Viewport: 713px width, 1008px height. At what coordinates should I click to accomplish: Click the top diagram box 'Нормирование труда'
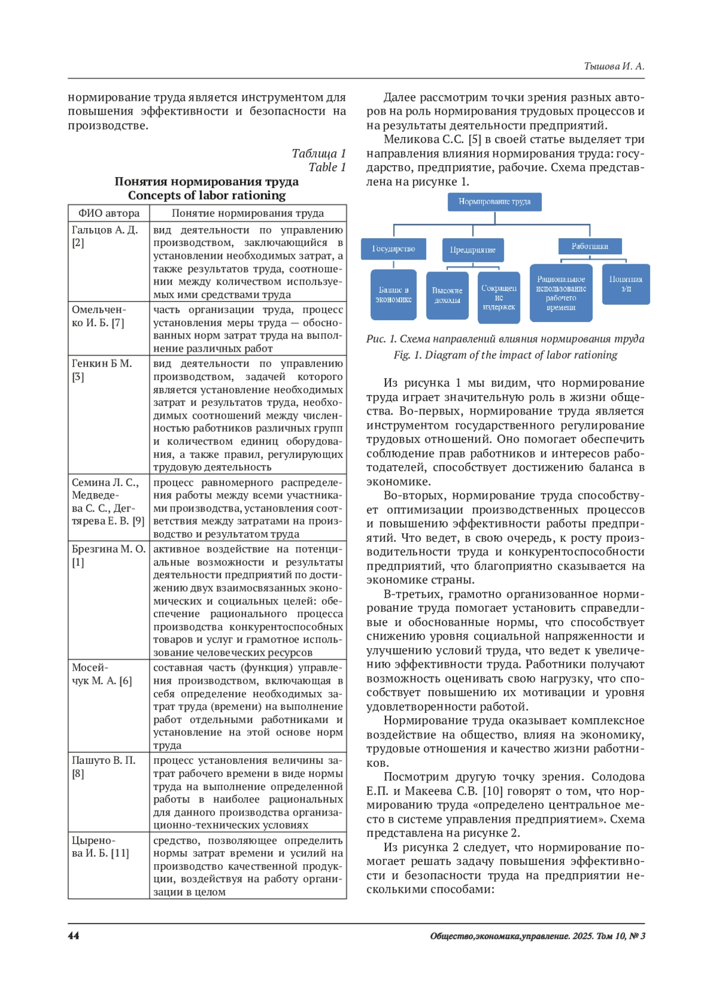point(494,202)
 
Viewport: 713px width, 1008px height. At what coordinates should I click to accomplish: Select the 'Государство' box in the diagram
point(393,249)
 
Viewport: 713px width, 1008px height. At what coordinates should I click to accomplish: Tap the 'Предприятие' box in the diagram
point(473,249)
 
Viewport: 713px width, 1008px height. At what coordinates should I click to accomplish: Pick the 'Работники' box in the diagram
point(590,247)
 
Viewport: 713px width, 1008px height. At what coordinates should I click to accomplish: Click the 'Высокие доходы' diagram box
point(447,295)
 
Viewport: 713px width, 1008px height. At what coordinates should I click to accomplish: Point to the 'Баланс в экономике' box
point(393,295)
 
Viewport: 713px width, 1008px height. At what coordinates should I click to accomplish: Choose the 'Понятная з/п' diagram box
point(626,284)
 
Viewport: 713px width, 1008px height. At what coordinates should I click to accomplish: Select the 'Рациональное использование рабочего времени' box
point(561,293)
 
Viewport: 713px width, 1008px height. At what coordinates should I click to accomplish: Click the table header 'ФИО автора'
point(109,213)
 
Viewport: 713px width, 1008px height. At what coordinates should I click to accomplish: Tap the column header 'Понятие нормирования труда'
point(248,213)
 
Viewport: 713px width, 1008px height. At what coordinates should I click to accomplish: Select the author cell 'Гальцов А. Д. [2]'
point(105,236)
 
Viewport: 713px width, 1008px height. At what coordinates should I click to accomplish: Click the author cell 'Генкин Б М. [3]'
point(102,370)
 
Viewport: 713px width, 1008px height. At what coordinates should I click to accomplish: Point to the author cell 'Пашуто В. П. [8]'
point(103,767)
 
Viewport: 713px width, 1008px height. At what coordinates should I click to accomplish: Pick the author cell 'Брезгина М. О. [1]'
point(108,555)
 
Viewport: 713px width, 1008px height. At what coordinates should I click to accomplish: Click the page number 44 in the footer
point(74,936)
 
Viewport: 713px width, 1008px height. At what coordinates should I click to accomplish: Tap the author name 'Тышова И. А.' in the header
point(614,67)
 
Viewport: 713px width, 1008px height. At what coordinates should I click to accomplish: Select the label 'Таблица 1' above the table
point(318,154)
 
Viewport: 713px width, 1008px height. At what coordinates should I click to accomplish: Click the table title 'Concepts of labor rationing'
point(207,195)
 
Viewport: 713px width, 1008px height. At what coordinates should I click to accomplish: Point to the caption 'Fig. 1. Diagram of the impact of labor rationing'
point(505,355)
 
